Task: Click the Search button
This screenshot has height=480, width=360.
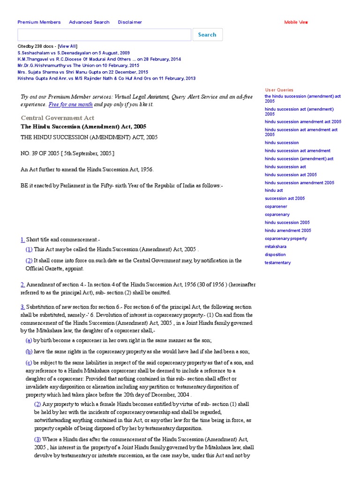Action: (x=207, y=35)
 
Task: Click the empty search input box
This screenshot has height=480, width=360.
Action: (x=104, y=35)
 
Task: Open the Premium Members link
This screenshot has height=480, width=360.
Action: (x=39, y=22)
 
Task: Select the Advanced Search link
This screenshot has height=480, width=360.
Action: (x=89, y=22)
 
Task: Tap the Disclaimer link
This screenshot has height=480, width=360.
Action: (x=130, y=22)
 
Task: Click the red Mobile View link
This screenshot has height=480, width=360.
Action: (x=296, y=22)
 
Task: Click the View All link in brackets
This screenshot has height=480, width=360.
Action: (x=67, y=46)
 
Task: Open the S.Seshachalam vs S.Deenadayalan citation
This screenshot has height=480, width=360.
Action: (x=74, y=53)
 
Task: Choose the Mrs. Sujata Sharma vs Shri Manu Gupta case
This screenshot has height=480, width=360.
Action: (x=82, y=72)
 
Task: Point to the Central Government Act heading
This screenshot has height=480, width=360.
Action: (x=58, y=118)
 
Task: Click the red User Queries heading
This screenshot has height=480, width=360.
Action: (x=279, y=90)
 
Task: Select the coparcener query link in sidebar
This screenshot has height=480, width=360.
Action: (x=276, y=206)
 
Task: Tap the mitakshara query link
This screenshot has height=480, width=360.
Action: (x=275, y=247)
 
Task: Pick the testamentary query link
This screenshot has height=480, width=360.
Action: (x=277, y=262)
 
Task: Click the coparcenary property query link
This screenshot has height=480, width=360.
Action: (x=285, y=239)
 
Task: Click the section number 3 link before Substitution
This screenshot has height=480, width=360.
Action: (x=22, y=307)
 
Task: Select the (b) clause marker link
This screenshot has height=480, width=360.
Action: (x=29, y=352)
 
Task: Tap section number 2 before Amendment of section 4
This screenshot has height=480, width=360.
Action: (x=22, y=284)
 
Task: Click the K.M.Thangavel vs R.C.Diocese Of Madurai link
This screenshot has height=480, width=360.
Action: (x=99, y=60)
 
